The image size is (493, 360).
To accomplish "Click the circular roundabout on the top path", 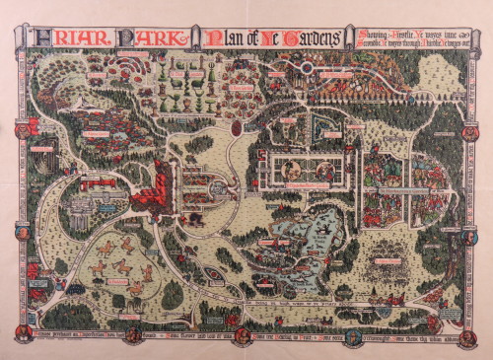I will (x=308, y=67).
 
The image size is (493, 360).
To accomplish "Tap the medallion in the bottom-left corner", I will (x=19, y=333).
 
